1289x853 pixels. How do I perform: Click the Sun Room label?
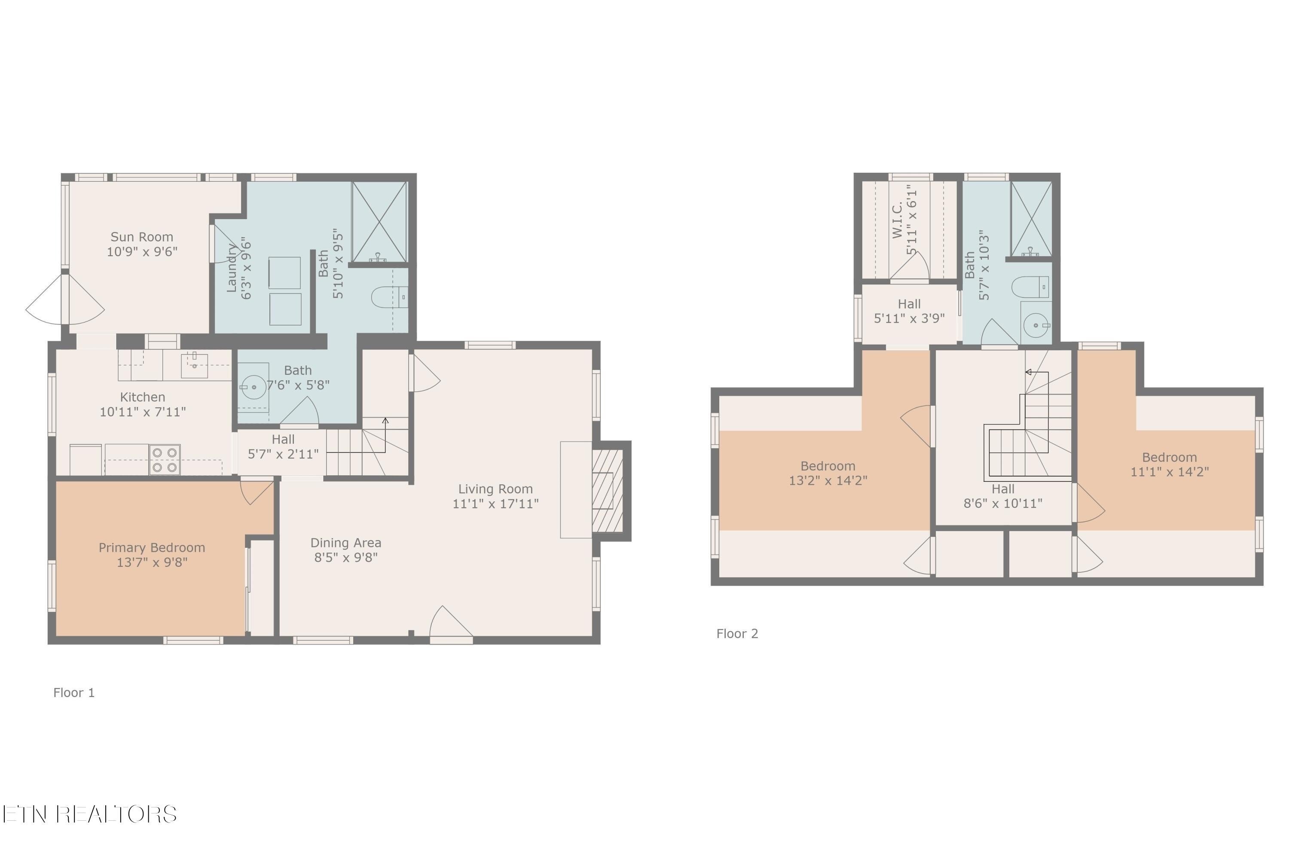coord(142,237)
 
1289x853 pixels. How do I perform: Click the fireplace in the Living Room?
coord(607,491)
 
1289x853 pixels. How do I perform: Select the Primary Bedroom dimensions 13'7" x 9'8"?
coord(152,563)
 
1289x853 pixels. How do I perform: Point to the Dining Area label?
coord(345,543)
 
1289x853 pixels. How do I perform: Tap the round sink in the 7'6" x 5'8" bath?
coord(254,387)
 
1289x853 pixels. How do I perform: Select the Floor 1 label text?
coord(74,693)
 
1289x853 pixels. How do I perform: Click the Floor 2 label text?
coord(737,634)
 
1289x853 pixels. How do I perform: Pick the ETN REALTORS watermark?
coord(90,814)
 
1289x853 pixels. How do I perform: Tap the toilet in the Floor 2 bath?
coord(1030,287)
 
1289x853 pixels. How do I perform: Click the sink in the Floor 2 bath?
coord(1035,325)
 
